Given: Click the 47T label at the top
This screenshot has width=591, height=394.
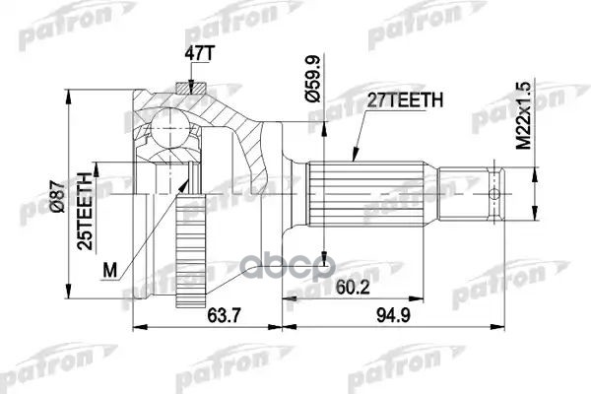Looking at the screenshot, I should (196, 54).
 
